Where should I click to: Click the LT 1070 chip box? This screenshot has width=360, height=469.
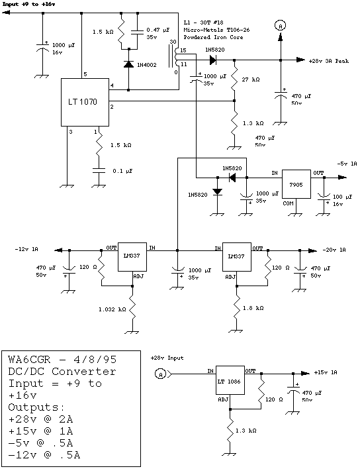click(x=85, y=102)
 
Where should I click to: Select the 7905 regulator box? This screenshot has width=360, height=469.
click(x=296, y=184)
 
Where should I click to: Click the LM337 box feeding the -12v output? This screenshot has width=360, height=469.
click(x=132, y=257)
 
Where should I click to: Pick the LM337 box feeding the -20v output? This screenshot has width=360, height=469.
click(x=237, y=257)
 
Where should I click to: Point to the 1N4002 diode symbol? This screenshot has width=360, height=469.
click(x=128, y=64)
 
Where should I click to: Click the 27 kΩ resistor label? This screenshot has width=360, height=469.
click(x=250, y=79)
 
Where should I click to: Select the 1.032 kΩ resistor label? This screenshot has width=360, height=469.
click(x=112, y=309)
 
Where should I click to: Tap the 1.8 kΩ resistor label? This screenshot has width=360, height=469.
click(x=253, y=308)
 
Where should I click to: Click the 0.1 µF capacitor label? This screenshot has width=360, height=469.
click(x=122, y=171)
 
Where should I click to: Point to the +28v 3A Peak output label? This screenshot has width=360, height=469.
click(x=329, y=61)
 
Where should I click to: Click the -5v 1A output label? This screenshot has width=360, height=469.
click(x=347, y=164)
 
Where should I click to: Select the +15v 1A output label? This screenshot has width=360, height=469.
click(x=326, y=373)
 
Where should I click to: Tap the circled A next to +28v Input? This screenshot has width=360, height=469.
click(x=160, y=374)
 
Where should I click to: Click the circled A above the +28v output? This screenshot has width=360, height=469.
click(x=280, y=26)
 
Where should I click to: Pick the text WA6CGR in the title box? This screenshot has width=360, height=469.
click(x=29, y=359)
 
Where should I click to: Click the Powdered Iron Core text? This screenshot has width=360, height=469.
click(x=213, y=37)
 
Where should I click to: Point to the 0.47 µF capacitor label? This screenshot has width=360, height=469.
click(x=158, y=30)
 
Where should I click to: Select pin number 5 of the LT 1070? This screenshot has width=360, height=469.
click(x=85, y=74)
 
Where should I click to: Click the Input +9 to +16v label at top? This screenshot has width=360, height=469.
click(x=28, y=4)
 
